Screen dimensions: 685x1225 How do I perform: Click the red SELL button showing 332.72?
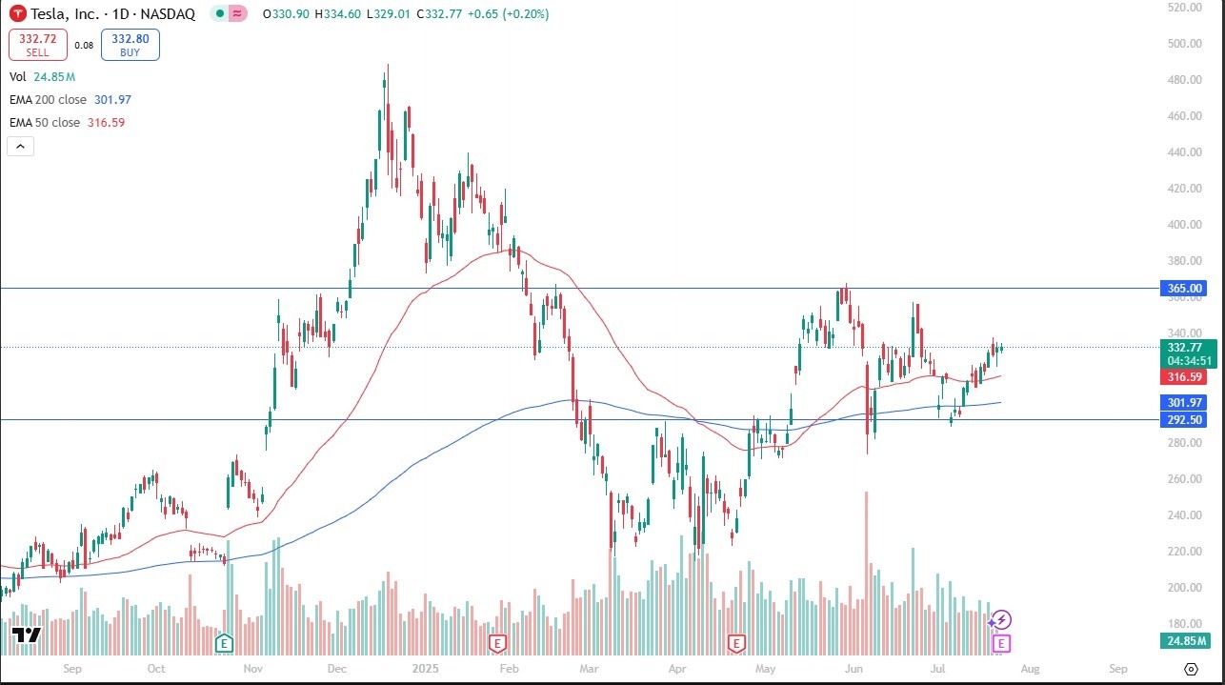[37, 45]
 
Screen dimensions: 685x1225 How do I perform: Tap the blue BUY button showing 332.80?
[130, 45]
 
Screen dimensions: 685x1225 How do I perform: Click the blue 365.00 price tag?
[1183, 288]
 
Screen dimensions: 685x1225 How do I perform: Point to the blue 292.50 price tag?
[1183, 420]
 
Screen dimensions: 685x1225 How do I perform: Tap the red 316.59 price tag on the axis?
[1183, 377]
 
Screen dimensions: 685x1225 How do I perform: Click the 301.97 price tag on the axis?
[1183, 403]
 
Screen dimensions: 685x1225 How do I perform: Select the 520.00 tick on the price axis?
[1185, 8]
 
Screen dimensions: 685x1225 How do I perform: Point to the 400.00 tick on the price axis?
[1185, 225]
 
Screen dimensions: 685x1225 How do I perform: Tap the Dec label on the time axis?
[338, 669]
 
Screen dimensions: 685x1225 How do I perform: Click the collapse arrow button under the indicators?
[21, 146]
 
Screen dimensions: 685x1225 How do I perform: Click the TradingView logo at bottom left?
[27, 635]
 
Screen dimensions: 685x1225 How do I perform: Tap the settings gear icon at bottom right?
[1190, 669]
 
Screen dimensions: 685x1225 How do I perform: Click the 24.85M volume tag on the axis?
[1183, 641]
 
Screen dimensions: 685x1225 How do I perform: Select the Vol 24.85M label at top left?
[42, 76]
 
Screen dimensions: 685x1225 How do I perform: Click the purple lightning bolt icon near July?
[1001, 619]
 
